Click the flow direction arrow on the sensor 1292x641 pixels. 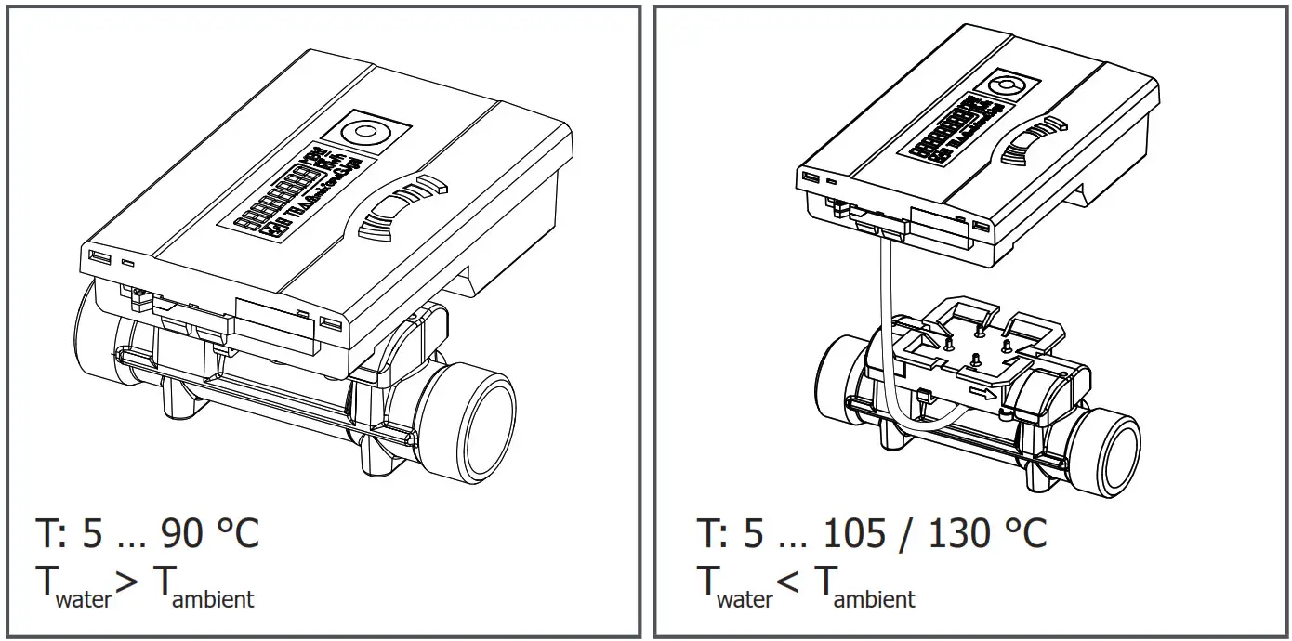[x=983, y=396]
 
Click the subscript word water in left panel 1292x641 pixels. [x=84, y=598]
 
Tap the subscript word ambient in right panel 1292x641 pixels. [x=875, y=598]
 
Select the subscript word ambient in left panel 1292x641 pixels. [x=213, y=598]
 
